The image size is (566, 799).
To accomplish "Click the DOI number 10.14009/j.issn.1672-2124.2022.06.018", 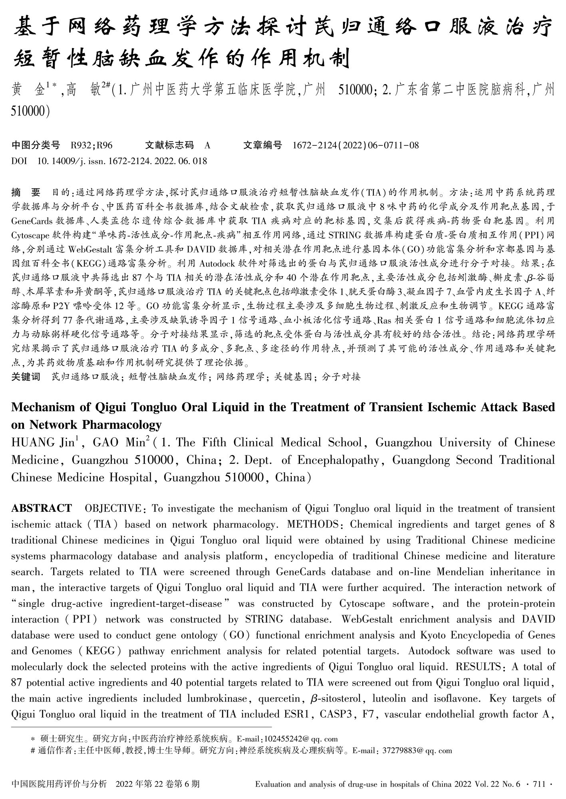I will click(122, 161).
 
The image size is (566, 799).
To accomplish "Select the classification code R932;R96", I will click(91, 145).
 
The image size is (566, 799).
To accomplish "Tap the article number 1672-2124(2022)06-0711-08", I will click(355, 145).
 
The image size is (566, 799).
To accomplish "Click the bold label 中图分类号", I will click(36, 145).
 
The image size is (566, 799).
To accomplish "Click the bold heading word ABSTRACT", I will click(42, 508).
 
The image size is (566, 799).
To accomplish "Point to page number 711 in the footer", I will click(539, 784).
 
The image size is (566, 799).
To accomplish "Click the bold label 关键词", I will click(26, 377).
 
